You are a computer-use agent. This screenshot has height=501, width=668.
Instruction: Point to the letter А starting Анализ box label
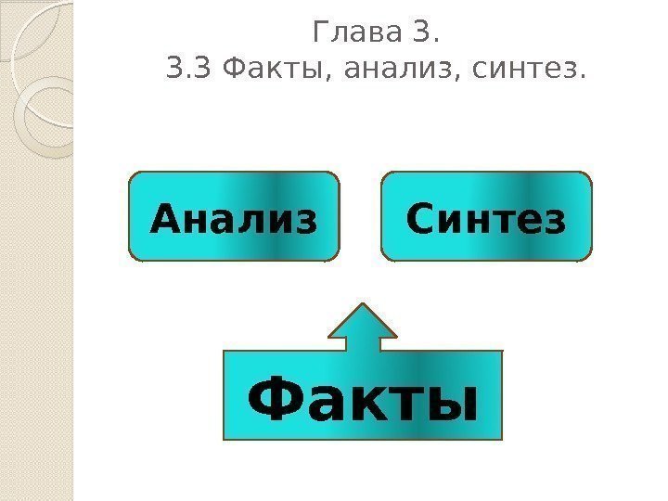point(164,221)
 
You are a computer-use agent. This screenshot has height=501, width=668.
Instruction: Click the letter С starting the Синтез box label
point(419,221)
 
